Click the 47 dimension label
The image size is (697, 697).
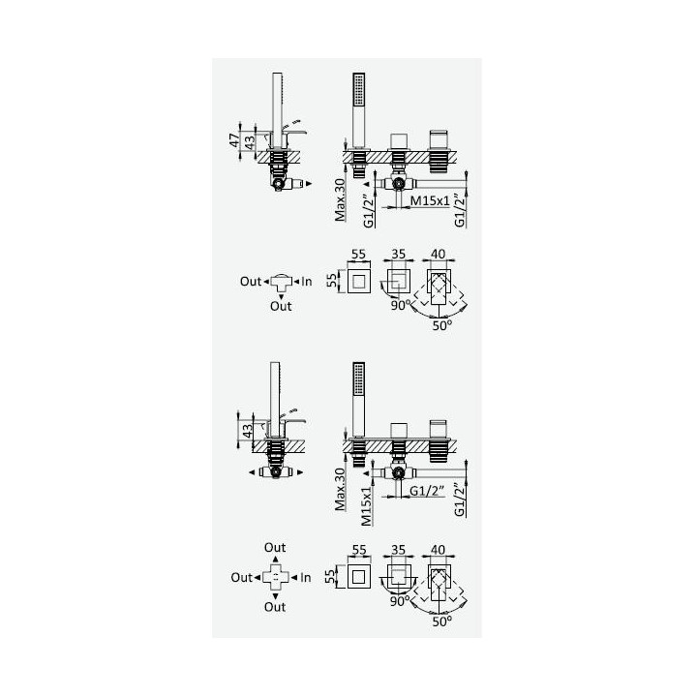pos(234,140)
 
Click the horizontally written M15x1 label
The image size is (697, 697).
pos(430,200)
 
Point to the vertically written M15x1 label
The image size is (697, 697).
pos(366,506)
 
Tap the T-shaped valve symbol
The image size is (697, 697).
pos(281,283)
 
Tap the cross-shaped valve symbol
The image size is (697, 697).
pos(276,577)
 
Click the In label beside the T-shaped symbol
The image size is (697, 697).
pos(307,282)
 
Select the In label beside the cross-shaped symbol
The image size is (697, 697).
pos(305,577)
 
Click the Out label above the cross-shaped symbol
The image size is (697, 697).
pos(275,547)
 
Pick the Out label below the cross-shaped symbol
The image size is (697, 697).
pos(275,607)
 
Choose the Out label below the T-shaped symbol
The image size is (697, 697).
pos(281,306)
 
